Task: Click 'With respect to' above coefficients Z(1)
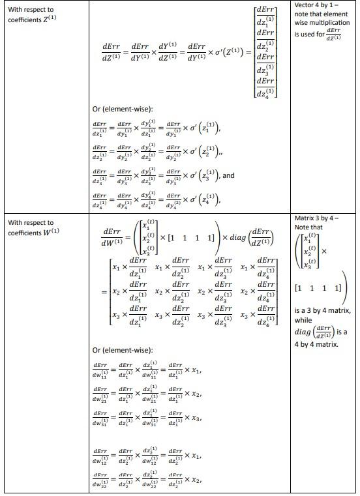tap(31, 10)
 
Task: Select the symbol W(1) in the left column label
tap(50, 233)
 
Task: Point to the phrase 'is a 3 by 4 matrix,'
tap(323, 311)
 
